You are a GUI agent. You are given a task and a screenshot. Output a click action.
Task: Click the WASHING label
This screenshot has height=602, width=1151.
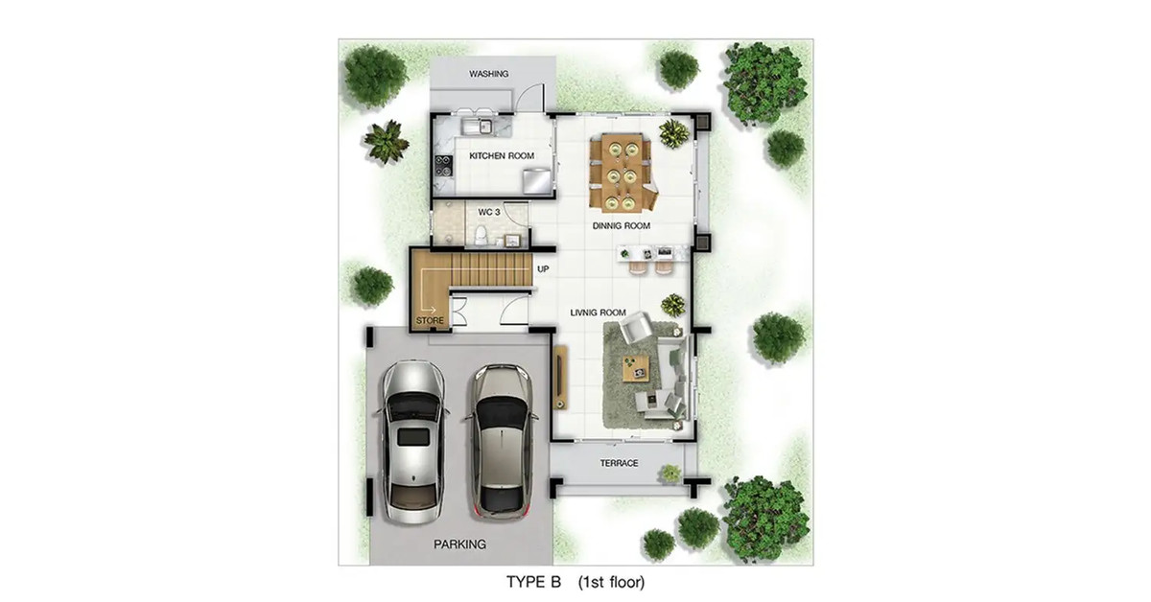click(488, 74)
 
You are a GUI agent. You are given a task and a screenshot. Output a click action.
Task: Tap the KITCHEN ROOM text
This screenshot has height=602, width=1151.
click(502, 155)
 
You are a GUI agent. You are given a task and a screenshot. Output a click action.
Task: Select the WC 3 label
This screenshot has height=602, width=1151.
click(488, 212)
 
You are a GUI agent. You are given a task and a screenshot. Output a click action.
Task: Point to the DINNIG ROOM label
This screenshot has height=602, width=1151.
click(622, 225)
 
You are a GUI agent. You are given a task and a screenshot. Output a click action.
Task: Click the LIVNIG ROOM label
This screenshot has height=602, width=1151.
click(599, 313)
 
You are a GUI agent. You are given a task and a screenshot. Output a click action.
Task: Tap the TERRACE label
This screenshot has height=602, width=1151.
click(620, 463)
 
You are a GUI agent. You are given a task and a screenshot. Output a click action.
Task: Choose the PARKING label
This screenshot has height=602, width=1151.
click(459, 544)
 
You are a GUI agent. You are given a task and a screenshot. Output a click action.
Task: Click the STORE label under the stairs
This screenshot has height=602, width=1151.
click(430, 320)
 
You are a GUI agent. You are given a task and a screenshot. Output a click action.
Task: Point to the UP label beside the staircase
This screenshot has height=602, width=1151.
click(543, 269)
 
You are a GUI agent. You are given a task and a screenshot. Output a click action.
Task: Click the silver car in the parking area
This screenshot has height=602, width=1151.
click(413, 442)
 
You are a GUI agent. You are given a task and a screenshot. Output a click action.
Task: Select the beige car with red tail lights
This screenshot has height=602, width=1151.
click(500, 442)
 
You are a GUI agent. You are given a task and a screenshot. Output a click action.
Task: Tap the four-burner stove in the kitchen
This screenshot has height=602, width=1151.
click(444, 167)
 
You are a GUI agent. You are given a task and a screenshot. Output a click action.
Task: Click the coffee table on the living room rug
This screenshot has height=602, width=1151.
click(636, 369)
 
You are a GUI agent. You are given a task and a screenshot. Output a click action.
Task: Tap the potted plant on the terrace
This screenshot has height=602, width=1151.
click(670, 474)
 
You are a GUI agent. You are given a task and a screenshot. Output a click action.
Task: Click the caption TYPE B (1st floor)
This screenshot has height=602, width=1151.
click(575, 582)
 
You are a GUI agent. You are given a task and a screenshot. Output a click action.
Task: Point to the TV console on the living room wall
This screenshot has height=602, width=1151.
click(560, 377)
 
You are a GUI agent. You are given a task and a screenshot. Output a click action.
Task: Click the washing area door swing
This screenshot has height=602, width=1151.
click(530, 98)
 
